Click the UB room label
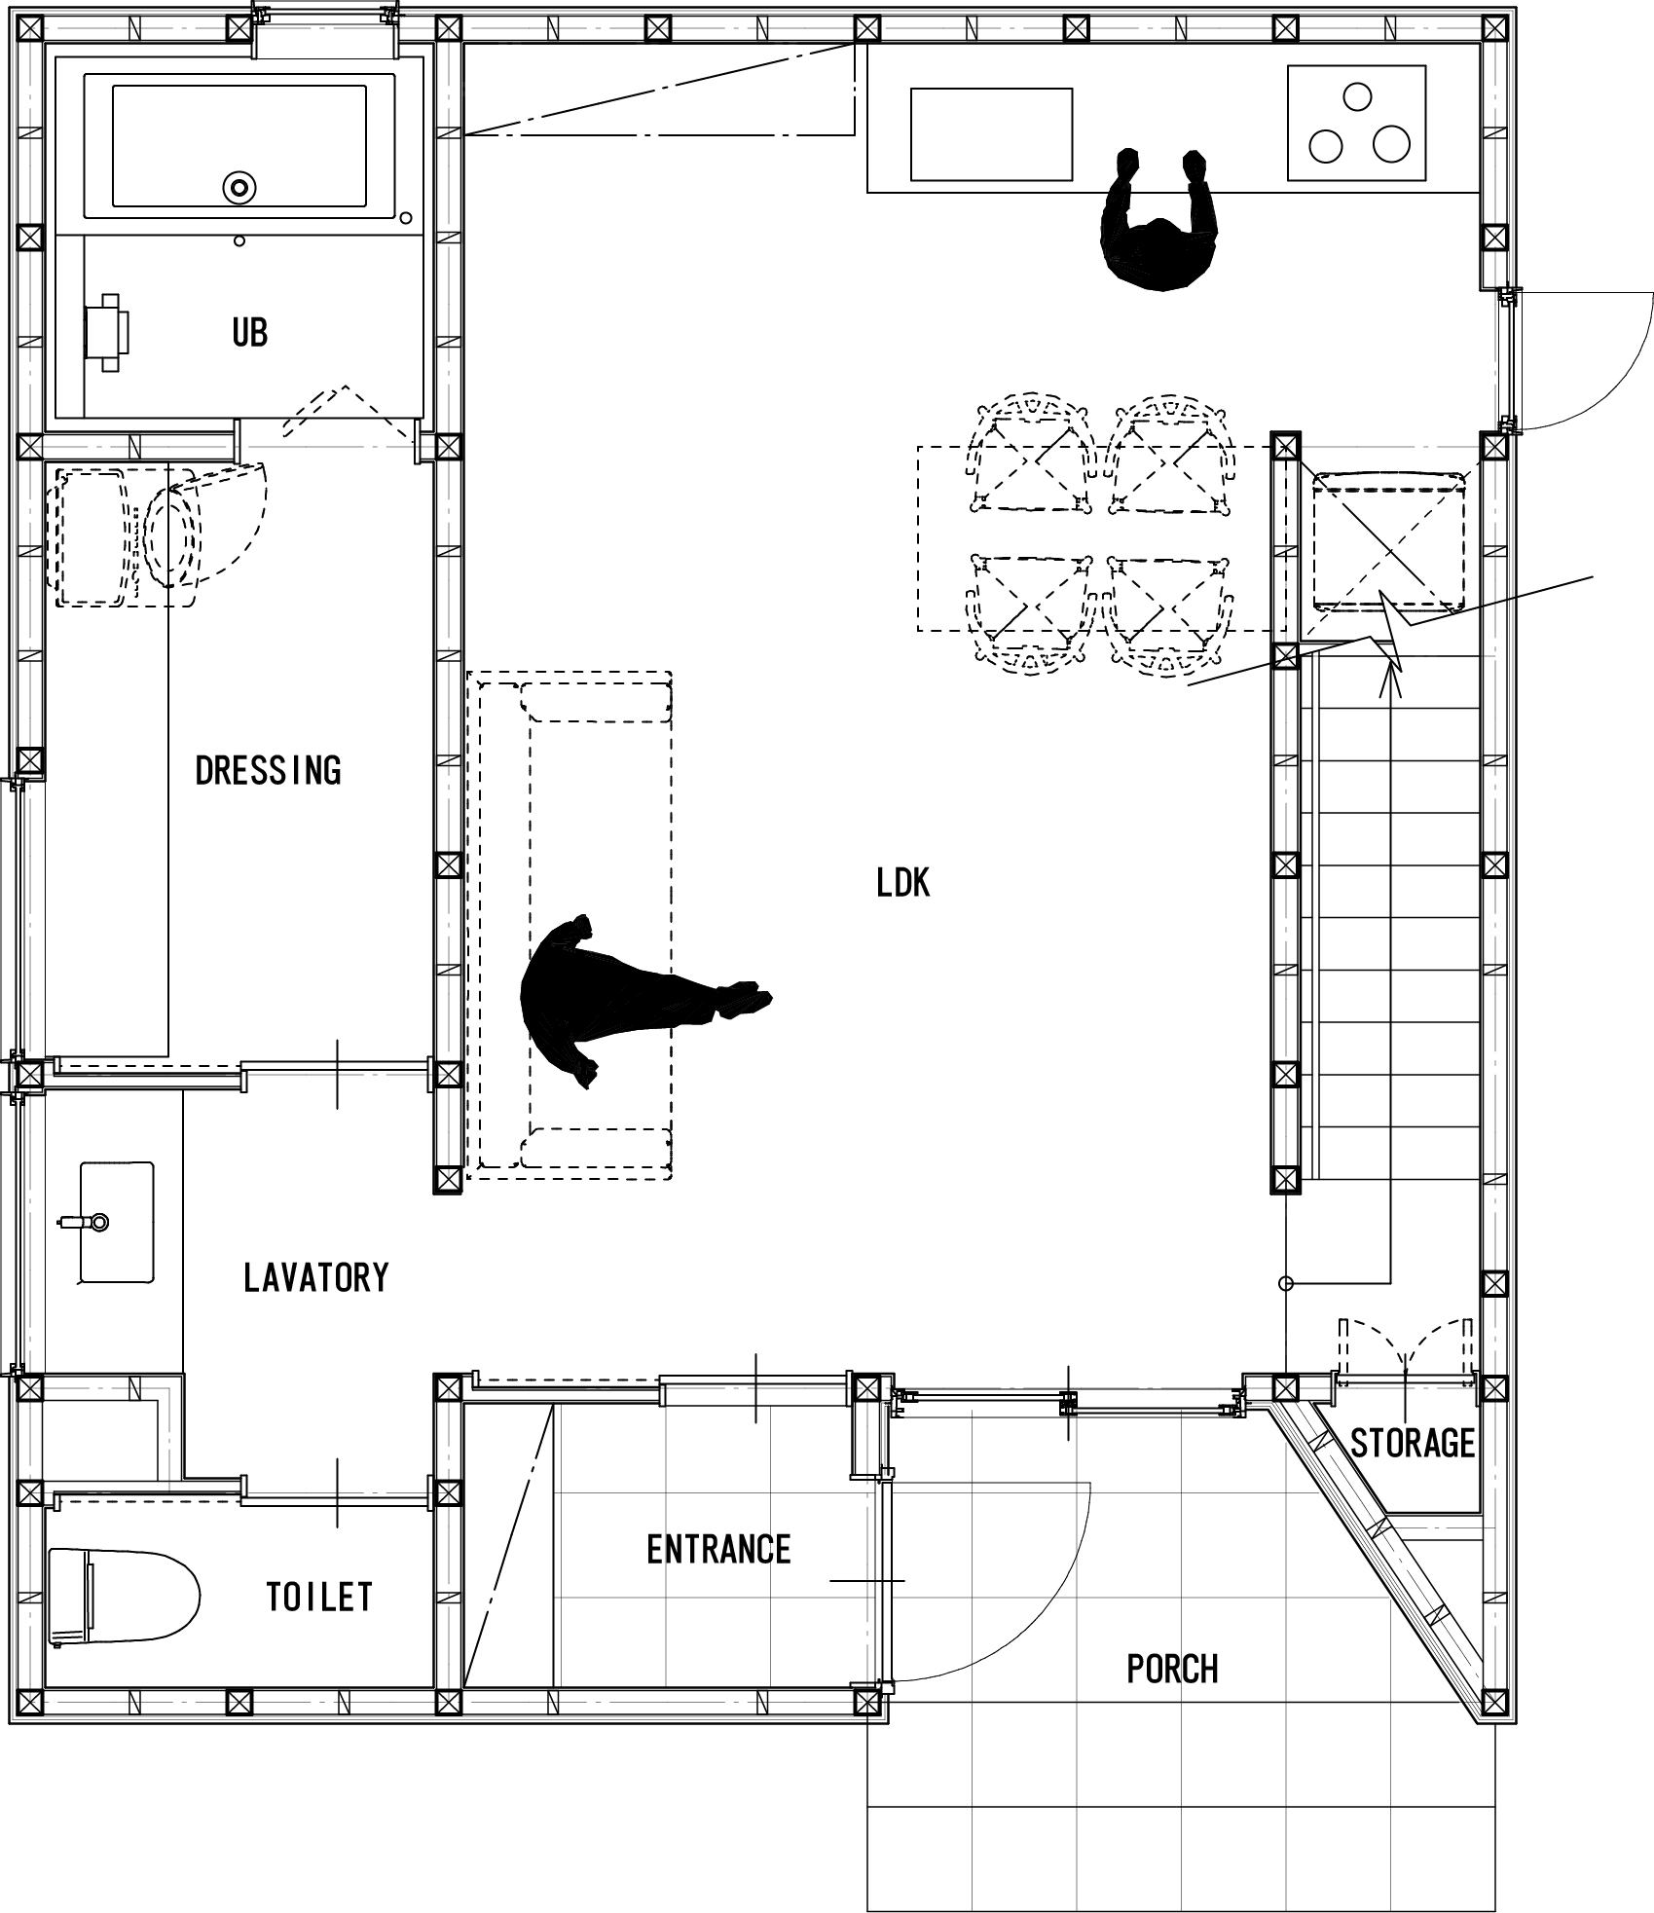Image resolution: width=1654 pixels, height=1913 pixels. click(249, 333)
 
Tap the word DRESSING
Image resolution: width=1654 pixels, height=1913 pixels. click(269, 770)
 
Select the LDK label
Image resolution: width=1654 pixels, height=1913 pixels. click(903, 883)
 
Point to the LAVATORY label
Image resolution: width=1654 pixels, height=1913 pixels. click(316, 1277)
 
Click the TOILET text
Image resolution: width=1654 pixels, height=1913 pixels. click(319, 1597)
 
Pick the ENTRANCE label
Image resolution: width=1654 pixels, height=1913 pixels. click(718, 1549)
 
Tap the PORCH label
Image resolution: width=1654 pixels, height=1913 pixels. click(1172, 1669)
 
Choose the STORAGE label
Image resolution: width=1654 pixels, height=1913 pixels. click(1413, 1443)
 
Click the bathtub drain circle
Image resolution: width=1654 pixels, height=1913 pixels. click(239, 187)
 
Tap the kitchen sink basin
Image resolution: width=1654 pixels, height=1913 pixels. click(991, 134)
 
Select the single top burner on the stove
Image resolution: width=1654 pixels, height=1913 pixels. click(1356, 96)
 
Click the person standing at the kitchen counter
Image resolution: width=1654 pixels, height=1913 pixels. click(1158, 222)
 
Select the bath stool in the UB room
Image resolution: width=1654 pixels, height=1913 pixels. click(107, 332)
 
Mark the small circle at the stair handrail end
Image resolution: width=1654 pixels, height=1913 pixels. click(1285, 1284)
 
